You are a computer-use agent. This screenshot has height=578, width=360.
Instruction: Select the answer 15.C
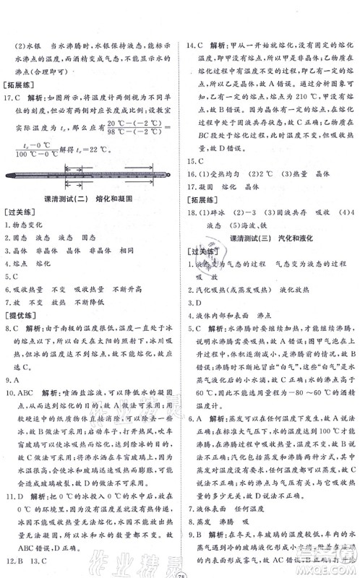(196, 162)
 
